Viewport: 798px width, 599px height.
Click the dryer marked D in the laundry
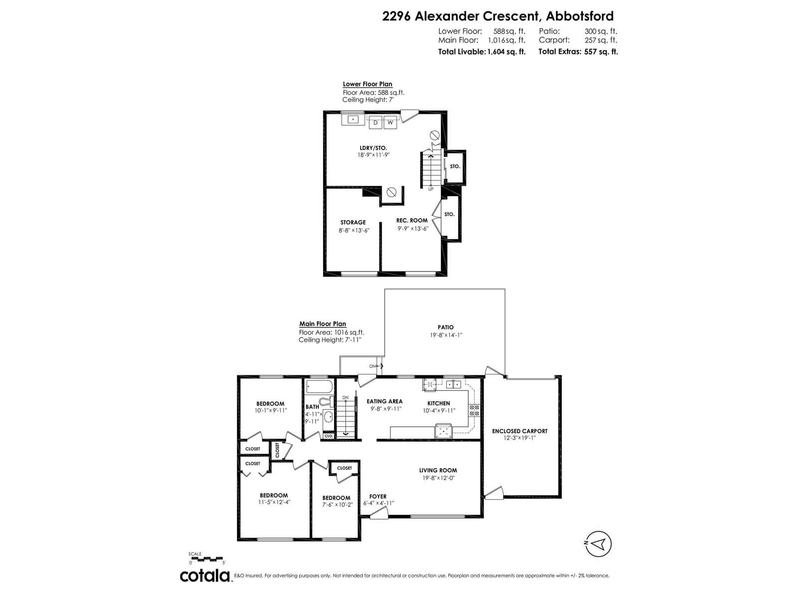[x=376, y=123]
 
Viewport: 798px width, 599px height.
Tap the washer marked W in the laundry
[x=390, y=123]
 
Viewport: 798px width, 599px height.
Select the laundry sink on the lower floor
[x=353, y=119]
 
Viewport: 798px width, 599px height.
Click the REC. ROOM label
[x=412, y=221]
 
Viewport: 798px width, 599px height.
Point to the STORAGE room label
[x=353, y=222]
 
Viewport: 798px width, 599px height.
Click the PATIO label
[x=446, y=327]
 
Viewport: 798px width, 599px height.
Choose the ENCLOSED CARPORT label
[x=520, y=431]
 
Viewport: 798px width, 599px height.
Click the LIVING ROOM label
[x=438, y=470]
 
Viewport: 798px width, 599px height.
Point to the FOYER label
[x=378, y=497]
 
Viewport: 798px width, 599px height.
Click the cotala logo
[x=205, y=576]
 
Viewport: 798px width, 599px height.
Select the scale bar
[x=205, y=558]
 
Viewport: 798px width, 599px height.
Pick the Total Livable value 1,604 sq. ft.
[x=506, y=51]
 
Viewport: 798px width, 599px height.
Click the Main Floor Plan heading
[x=323, y=323]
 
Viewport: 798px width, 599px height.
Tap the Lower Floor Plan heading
[x=368, y=84]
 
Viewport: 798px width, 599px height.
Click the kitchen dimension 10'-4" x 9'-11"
[x=439, y=411]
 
